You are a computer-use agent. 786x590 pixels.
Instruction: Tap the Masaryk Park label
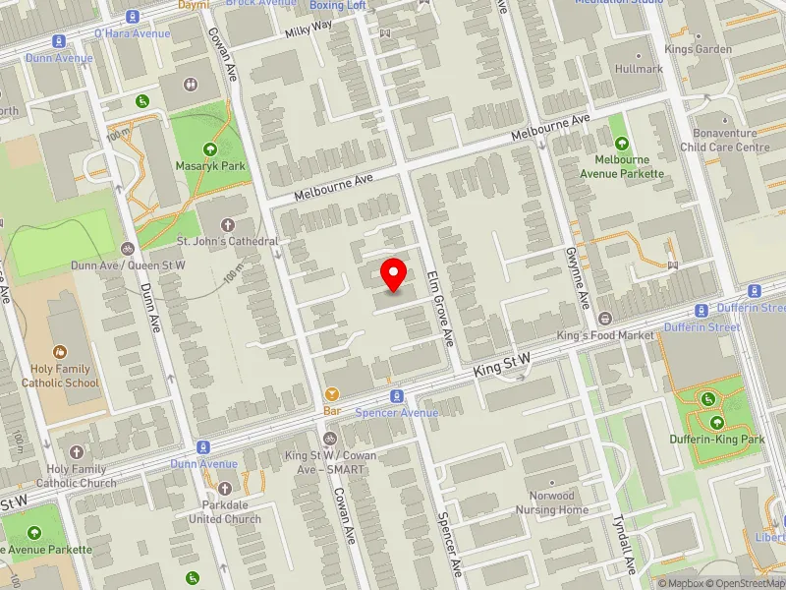(x=210, y=166)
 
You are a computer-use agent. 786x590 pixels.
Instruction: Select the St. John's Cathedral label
(x=227, y=241)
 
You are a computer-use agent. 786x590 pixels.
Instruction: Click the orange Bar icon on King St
(x=331, y=393)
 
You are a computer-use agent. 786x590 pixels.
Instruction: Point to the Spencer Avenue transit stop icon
(x=397, y=396)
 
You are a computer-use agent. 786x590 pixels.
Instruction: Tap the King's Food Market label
(x=605, y=335)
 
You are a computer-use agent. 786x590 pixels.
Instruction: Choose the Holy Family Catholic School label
(x=61, y=377)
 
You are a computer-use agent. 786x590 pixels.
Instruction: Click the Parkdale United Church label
(x=225, y=512)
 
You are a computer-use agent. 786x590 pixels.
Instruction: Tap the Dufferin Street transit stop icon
(x=755, y=292)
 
